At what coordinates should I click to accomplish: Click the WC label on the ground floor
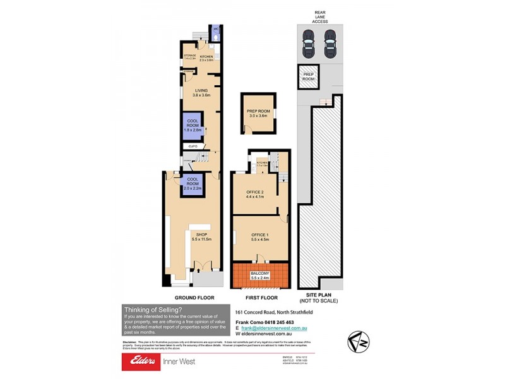(215, 29)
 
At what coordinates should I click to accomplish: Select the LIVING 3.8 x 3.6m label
(201, 92)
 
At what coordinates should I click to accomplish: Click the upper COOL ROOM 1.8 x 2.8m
(193, 126)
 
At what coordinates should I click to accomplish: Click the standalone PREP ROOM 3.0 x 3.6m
(258, 114)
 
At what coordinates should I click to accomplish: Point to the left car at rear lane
(308, 44)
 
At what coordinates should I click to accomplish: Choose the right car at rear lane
(330, 44)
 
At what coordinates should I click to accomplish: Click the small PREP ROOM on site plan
(309, 77)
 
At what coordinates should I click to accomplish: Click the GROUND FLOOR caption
(194, 298)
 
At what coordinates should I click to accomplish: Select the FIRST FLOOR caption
(259, 298)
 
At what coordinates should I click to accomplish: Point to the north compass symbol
(359, 342)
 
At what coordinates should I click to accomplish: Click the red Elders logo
(142, 361)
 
